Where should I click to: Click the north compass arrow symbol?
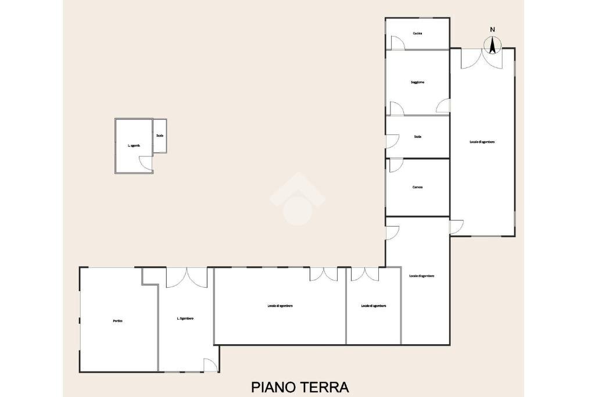pyautogui.click(x=493, y=45)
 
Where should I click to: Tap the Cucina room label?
pyautogui.click(x=417, y=34)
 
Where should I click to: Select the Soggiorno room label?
pyautogui.click(x=417, y=83)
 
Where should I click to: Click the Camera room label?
pyautogui.click(x=417, y=187)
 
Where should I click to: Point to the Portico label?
pyautogui.click(x=118, y=321)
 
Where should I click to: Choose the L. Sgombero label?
pyautogui.click(x=185, y=319)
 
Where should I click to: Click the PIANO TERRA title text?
pyautogui.click(x=300, y=387)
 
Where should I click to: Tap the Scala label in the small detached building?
pyautogui.click(x=160, y=135)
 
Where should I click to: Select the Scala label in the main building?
pyautogui.click(x=417, y=137)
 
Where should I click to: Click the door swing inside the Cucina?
pyautogui.click(x=398, y=42)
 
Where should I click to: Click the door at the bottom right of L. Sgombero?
pyautogui.click(x=211, y=365)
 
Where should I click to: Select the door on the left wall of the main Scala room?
pyautogui.click(x=392, y=141)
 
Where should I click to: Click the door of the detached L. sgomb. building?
pyautogui.click(x=146, y=164)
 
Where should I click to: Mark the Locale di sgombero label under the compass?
pyautogui.click(x=482, y=142)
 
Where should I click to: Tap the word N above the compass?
pyautogui.click(x=493, y=29)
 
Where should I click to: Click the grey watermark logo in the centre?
pyautogui.click(x=297, y=198)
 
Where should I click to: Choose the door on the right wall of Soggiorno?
pyautogui.click(x=443, y=106)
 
